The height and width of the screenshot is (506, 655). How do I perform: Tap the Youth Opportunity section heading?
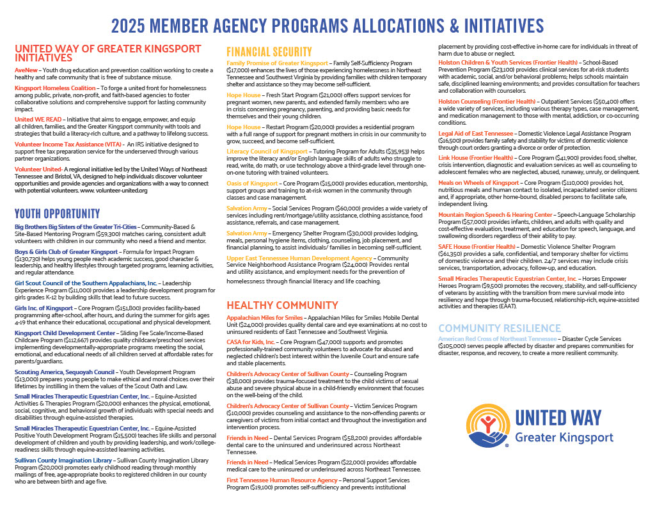59,214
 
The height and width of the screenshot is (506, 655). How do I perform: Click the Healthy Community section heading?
283,305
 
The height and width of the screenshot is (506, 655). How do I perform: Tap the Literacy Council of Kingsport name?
267,151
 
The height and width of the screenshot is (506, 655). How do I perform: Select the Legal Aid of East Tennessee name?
475,132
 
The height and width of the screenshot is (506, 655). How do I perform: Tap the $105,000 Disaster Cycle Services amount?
454,345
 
